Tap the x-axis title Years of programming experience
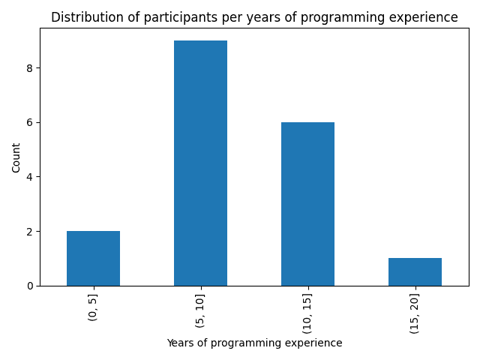(254, 343)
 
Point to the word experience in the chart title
(426, 17)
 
